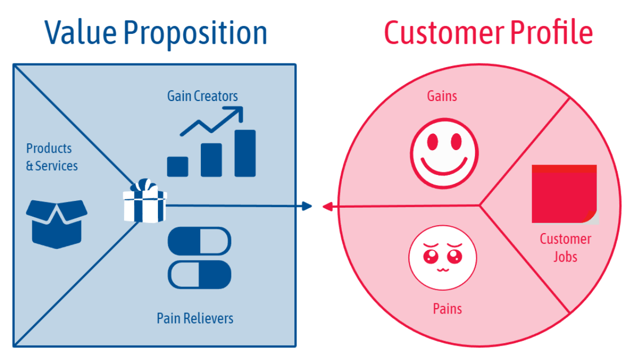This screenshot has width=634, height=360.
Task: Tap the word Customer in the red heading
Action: click(x=443, y=33)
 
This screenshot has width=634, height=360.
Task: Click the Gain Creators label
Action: click(x=202, y=96)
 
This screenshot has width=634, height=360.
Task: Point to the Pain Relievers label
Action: click(x=195, y=318)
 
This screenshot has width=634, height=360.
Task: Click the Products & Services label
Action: click(x=52, y=157)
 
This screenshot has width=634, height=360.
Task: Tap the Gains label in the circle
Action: click(x=442, y=96)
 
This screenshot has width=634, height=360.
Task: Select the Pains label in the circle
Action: click(x=447, y=309)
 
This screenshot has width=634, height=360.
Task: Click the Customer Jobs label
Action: click(x=565, y=248)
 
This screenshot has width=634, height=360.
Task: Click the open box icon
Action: click(x=57, y=221)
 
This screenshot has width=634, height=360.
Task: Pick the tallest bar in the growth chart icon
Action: click(x=245, y=153)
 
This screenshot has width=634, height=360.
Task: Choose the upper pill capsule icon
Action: click(x=199, y=241)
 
